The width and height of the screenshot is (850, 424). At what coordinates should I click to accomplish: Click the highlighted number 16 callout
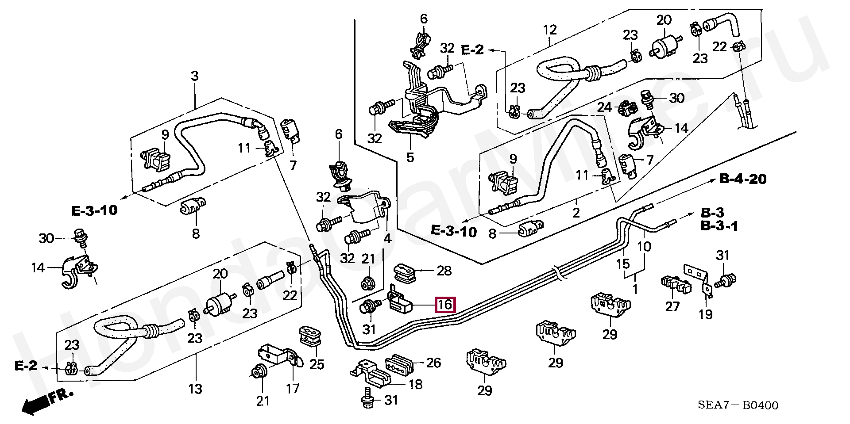(x=444, y=305)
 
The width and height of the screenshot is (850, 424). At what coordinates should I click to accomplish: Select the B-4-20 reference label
(x=743, y=179)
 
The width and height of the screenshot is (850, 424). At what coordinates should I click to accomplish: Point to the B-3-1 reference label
(x=719, y=226)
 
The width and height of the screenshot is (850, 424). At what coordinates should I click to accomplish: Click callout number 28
(x=444, y=271)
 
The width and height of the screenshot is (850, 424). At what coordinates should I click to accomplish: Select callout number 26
(x=433, y=363)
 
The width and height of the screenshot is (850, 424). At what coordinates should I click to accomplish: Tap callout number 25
(x=317, y=364)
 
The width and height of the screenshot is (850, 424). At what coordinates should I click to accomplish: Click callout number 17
(x=293, y=388)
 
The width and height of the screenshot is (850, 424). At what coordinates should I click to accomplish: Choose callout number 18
(x=415, y=384)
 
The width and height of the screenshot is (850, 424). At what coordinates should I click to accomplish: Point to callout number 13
(x=195, y=389)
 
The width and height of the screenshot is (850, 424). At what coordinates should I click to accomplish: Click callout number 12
(x=549, y=30)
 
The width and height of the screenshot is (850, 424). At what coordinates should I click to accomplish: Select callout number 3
(x=195, y=76)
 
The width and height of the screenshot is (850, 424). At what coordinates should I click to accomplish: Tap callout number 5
(x=410, y=157)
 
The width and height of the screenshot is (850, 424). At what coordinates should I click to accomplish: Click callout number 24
(x=605, y=107)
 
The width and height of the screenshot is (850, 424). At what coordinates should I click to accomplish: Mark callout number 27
(x=672, y=306)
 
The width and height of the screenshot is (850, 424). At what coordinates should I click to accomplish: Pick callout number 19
(x=706, y=314)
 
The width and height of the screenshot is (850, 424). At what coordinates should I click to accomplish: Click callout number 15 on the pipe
(x=623, y=264)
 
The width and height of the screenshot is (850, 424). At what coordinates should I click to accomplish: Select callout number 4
(x=387, y=239)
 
